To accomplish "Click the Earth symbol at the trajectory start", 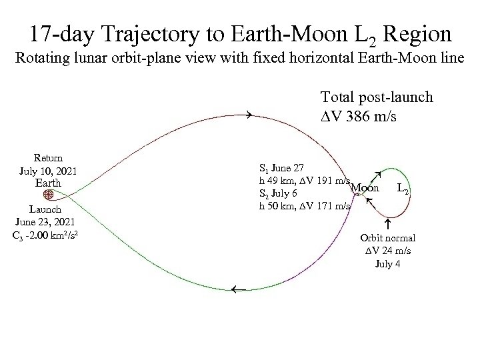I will [x=49, y=195].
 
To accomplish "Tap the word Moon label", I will [x=365, y=188].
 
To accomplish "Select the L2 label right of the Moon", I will [x=403, y=189].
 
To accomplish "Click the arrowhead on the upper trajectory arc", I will [x=247, y=115].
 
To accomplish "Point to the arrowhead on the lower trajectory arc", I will [x=234, y=290].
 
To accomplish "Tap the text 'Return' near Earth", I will [x=49, y=159].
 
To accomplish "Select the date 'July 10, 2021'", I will [x=49, y=171].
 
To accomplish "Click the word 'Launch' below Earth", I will [x=49, y=209].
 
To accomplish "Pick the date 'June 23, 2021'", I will [x=49, y=221].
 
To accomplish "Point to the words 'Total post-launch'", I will [x=377, y=97].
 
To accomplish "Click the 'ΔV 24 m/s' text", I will [x=388, y=251].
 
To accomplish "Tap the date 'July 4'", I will [x=388, y=263].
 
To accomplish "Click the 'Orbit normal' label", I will [x=388, y=238].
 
